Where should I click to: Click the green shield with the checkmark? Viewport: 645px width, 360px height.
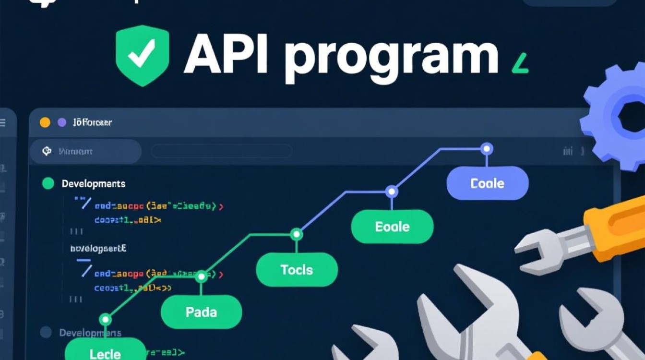142,55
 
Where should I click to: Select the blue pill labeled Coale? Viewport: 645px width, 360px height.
487,183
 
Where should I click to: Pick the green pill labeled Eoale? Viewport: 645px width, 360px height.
392,227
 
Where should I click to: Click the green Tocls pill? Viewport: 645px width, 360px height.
297,270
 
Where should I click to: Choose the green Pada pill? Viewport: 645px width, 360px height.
201,312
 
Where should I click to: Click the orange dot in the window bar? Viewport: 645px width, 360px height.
45,122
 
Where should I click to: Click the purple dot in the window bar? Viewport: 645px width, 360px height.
61,122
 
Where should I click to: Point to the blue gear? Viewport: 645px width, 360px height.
619,118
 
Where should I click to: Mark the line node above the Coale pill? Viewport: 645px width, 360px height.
487,149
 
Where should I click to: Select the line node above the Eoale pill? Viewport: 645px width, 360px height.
392,192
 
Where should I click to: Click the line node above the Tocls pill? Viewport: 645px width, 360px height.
297,234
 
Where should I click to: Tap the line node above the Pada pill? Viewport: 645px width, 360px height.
202,276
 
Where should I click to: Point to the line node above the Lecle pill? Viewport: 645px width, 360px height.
105,319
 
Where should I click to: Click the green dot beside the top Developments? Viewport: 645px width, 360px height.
48,183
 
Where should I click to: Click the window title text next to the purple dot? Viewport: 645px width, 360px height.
92,122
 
